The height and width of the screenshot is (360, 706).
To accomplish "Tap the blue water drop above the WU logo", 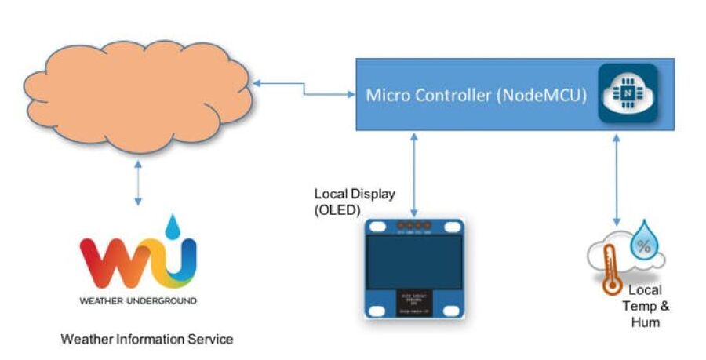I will [x=183, y=226].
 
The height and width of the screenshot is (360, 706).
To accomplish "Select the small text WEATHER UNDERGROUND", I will [x=138, y=300].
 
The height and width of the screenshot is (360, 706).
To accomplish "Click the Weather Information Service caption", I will [x=147, y=339].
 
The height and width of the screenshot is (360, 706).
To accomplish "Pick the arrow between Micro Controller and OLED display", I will [x=414, y=176].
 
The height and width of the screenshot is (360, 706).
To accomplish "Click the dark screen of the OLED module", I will [x=413, y=260].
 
